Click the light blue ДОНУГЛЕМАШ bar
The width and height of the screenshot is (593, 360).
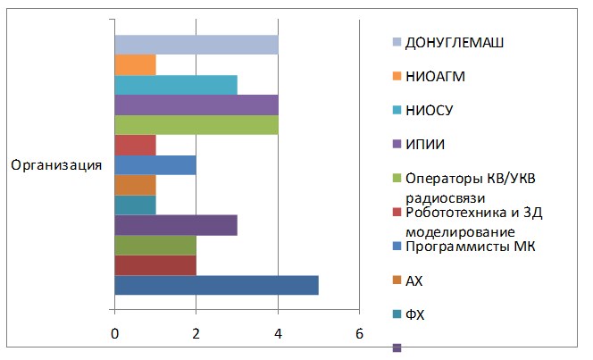pos(196,45)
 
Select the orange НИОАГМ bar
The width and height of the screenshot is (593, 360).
pos(136,65)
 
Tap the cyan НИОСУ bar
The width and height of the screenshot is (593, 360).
pos(176,85)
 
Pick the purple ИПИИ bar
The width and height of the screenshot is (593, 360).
pos(196,105)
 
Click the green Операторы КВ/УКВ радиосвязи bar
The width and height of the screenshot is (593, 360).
pos(196,125)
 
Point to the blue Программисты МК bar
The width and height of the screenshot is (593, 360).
pos(155,165)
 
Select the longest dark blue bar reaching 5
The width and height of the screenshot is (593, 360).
pos(217,285)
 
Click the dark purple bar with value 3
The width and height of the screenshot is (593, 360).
pos(176,225)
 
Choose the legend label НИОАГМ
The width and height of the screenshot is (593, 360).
pos(435,76)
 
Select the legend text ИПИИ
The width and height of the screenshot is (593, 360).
pos(425,144)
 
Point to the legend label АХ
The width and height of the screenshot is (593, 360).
pos(413,280)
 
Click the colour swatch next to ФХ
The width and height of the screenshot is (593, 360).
pos(396,314)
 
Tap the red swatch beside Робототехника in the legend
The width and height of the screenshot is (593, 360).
pos(396,213)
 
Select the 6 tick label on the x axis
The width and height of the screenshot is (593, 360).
pos(359,332)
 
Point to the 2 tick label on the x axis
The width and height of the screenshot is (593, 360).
pos(196,332)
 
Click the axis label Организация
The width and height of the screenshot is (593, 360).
pos(55,165)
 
